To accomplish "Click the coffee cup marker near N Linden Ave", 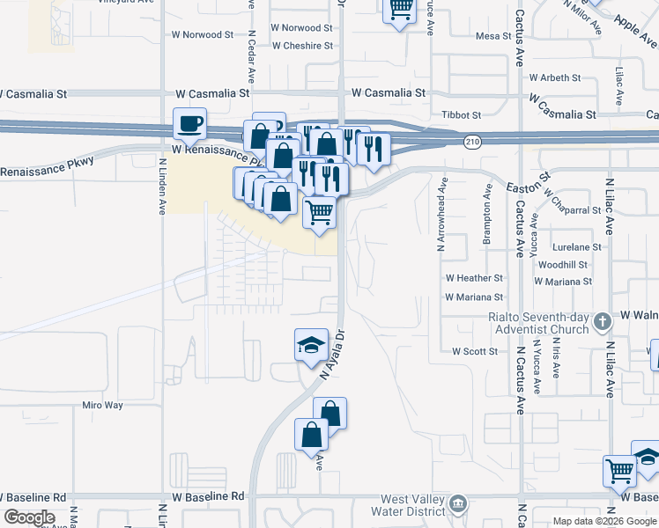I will pos(189,124).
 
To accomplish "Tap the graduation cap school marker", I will pos(311,346).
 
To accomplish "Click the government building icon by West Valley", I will pos(458,504).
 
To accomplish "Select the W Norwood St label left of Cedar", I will pos(203,35).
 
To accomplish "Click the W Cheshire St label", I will pos(302,46).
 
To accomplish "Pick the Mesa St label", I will pos(493,36).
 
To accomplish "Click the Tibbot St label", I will pos(463,114).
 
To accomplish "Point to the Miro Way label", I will pos(102,405).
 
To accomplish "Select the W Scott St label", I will pos(475,351).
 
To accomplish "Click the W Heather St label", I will pos(474,277).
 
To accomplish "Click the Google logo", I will pos(30,517).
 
